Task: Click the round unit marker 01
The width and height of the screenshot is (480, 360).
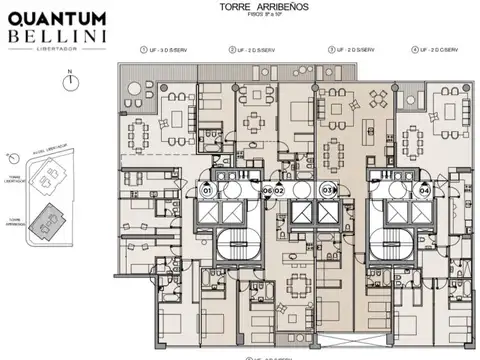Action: [208, 190]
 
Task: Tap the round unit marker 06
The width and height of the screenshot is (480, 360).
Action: [267, 190]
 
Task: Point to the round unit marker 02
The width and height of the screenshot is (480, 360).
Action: [280, 190]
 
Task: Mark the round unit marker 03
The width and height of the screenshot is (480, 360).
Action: [326, 190]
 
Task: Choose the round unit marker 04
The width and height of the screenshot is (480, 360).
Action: [424, 190]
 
